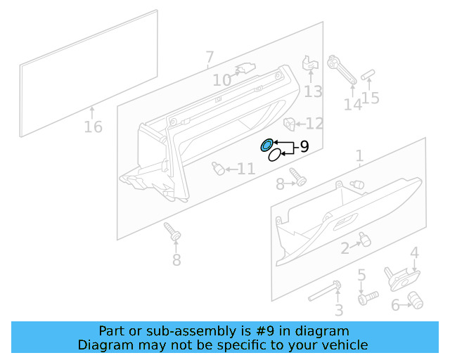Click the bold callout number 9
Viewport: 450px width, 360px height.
(x=304, y=147)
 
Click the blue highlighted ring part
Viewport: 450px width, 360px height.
(x=266, y=146)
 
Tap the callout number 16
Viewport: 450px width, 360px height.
(x=93, y=127)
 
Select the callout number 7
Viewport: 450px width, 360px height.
(x=209, y=56)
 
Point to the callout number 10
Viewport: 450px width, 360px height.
(x=222, y=81)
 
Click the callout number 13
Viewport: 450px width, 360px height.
(x=313, y=91)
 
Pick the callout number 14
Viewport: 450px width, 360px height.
(x=352, y=105)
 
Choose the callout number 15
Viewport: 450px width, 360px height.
(x=371, y=98)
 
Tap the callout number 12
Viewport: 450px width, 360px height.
(x=314, y=124)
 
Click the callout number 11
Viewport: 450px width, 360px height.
(x=245, y=169)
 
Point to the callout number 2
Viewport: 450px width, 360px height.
(x=345, y=248)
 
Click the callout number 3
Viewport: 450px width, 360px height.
(x=338, y=310)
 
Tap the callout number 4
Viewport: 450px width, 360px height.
(x=414, y=252)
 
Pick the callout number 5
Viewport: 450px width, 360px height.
(x=361, y=275)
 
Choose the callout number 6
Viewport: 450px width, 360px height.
(x=395, y=304)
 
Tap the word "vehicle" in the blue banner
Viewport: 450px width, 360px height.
(x=344, y=345)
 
